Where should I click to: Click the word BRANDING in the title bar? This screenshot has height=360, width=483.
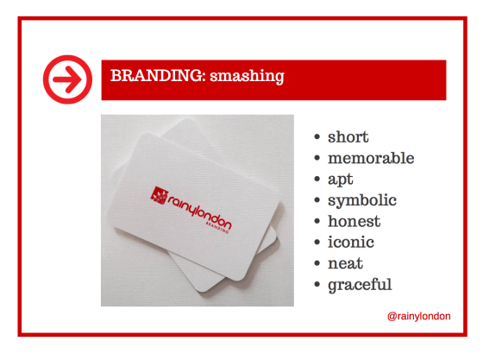pos(147,76)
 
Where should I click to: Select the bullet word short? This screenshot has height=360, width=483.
pos(348,137)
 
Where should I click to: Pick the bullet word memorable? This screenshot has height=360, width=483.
pos(371,158)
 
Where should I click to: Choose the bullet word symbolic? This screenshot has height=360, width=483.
pos(362,200)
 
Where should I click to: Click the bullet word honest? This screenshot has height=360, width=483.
pos(354,221)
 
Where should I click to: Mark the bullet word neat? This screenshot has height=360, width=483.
pos(346,263)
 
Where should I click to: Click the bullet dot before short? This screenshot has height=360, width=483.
pos(318,138)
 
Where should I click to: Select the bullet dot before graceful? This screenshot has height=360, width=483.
pos(318,284)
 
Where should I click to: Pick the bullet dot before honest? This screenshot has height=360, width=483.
pos(318,222)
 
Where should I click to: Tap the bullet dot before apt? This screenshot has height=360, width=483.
pos(318,180)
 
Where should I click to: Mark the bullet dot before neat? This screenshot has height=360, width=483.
pos(318,263)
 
